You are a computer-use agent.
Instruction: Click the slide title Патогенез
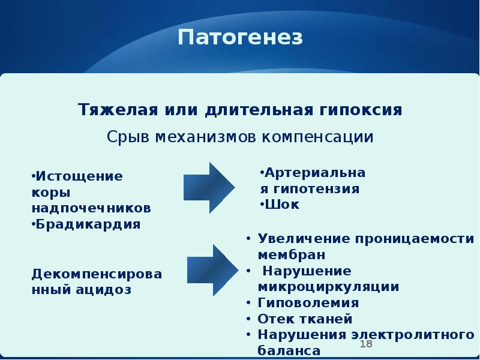point(240,38)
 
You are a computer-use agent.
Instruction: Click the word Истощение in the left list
point(79,176)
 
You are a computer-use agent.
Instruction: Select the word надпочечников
point(91,208)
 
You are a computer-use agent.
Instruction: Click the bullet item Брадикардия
point(88,224)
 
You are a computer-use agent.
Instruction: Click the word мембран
point(282,254)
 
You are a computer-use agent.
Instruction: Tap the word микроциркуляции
point(328,286)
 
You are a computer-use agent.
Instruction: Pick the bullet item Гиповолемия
point(308,302)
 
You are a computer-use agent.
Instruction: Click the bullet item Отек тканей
point(305,319)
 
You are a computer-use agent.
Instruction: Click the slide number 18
point(366,344)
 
